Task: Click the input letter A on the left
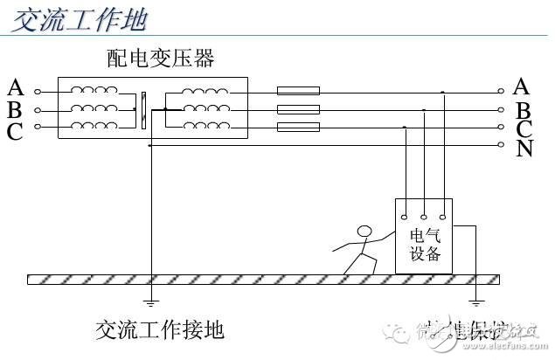[15, 87]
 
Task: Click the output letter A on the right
[523, 86]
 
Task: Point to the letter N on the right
[524, 149]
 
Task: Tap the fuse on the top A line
[298, 91]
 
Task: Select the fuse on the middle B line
[298, 110]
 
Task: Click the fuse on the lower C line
[298, 128]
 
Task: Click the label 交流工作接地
[160, 329]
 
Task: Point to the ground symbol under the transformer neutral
[150, 304]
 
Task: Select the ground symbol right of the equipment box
[475, 304]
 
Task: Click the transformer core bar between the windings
[142, 109]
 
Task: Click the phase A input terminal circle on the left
[37, 91]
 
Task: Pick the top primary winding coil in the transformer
[94, 89]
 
